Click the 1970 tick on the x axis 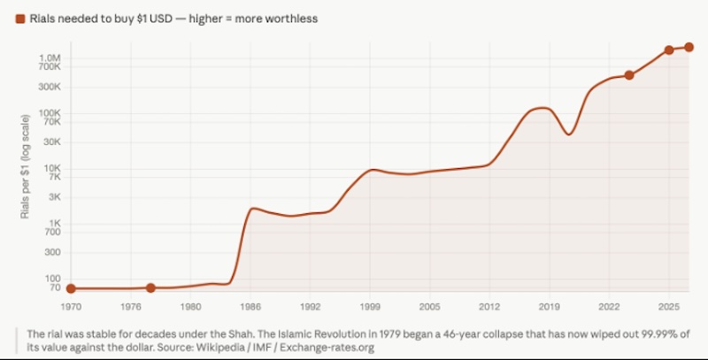pyautogui.click(x=71, y=305)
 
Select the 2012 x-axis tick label pyautogui.click(x=489, y=305)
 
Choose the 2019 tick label pyautogui.click(x=549, y=305)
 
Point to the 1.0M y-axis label pyautogui.click(x=48, y=57)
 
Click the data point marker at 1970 pyautogui.click(x=71, y=288)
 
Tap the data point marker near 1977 pyautogui.click(x=150, y=288)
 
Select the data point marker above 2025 pyautogui.click(x=669, y=50)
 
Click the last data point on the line pyautogui.click(x=689, y=47)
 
